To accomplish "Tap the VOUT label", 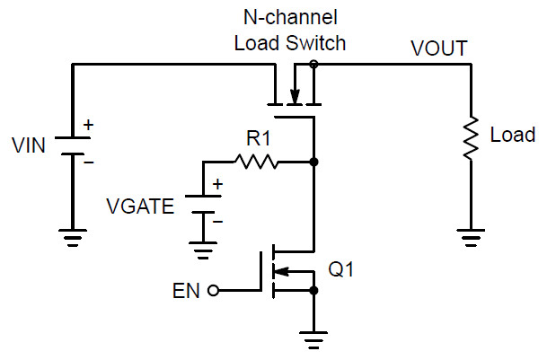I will coord(437,48).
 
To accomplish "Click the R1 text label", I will coord(258,140).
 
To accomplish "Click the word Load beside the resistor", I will coord(512,136).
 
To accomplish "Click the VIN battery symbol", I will coord(73,145).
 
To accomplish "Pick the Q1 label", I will coord(343,269).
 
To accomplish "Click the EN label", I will coord(186,291).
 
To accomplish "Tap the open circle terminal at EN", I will coord(213,291).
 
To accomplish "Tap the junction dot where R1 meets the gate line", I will coord(313,162).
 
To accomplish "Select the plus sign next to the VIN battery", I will coord(88,126).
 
